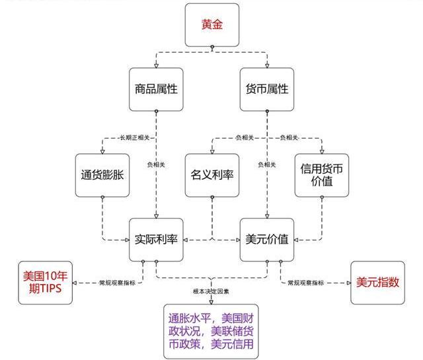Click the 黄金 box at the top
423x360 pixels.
211,25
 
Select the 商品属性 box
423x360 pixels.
156,89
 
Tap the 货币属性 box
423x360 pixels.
266,89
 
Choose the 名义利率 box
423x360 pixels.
211,176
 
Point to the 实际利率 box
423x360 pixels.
156,239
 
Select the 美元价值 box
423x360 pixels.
266,239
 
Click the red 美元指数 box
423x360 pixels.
377,282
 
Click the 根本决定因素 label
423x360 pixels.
211,291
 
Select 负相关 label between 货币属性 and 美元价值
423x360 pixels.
266,164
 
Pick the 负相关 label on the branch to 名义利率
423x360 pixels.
244,137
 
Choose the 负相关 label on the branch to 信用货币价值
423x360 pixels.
289,137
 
